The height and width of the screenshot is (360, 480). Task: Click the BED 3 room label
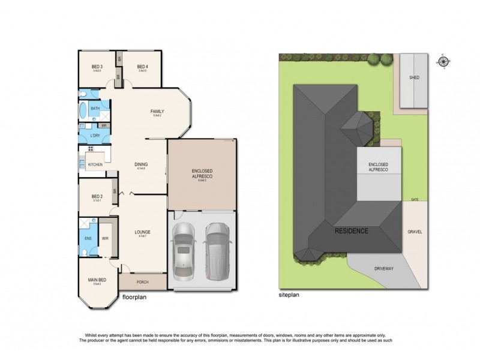97,67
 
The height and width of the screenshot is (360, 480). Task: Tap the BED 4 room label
142,67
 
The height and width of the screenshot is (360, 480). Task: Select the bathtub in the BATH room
83,112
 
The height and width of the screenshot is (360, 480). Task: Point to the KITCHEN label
95,164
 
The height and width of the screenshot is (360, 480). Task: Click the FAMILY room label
157,112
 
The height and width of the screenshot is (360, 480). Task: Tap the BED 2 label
97,196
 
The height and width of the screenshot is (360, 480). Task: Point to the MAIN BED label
97,279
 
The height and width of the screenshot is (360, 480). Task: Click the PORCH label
142,282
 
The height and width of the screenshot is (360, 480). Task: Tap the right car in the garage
217,251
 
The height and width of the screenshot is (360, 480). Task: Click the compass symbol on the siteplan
443,61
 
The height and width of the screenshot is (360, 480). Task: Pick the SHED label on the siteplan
413,78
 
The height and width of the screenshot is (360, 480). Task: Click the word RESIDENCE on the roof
352,230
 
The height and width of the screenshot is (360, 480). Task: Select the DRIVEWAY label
383,269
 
